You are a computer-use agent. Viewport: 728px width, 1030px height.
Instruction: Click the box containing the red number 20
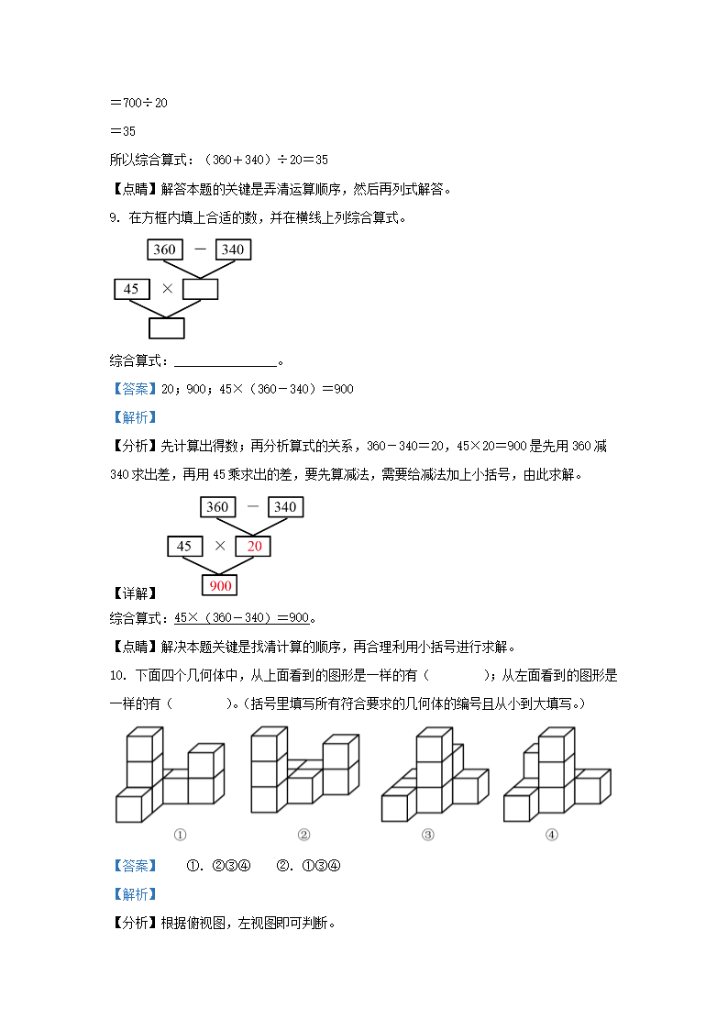point(254,547)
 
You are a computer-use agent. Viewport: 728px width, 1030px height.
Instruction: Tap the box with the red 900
point(220,585)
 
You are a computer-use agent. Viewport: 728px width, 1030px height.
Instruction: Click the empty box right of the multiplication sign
point(201,289)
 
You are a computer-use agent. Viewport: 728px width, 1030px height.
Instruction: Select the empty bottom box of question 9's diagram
point(167,328)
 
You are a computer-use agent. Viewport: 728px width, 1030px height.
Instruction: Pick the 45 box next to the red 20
point(184,547)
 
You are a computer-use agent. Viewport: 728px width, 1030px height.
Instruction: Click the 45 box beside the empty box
point(131,289)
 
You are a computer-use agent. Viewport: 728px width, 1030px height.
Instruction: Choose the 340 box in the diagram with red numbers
point(285,507)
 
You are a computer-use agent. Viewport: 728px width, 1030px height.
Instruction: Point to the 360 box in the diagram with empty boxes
point(165,249)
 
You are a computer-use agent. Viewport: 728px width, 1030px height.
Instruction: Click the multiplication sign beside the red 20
point(220,546)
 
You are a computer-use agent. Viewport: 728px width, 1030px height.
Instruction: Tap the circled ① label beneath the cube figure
point(180,835)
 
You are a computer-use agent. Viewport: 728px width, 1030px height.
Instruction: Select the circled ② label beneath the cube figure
point(303,835)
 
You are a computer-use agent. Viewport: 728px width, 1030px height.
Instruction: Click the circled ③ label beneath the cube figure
point(427,835)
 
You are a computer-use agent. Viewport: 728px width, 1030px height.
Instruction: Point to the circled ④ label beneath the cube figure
point(551,835)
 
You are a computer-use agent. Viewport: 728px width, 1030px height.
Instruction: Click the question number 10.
point(116,677)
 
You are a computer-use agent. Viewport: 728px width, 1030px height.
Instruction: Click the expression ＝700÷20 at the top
point(138,103)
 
